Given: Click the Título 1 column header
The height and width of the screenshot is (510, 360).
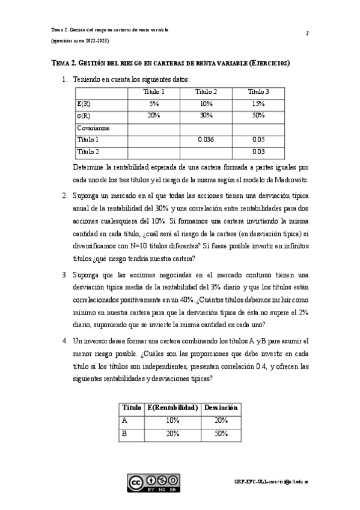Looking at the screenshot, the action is click(x=154, y=92).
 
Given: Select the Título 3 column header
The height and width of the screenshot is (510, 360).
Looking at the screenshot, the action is click(x=258, y=92).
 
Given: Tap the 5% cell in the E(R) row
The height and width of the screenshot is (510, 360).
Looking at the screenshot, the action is click(x=154, y=104).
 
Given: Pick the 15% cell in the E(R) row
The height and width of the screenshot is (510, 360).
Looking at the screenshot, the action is click(x=258, y=104).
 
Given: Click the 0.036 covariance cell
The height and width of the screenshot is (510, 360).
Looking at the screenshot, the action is click(x=206, y=140).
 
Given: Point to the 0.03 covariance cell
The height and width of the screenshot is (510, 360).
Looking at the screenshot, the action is click(x=258, y=152).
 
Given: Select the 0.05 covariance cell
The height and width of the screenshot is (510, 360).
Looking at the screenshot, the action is click(x=258, y=140).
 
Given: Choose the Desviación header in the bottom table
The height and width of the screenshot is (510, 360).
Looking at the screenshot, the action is click(x=221, y=408).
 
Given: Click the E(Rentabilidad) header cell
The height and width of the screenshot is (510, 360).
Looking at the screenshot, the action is click(x=172, y=408).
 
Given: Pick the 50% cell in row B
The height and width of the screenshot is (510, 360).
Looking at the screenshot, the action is click(x=221, y=433).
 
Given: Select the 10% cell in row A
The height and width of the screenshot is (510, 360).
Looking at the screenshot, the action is click(x=172, y=420).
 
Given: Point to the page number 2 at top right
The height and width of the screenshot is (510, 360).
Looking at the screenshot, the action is click(x=307, y=33).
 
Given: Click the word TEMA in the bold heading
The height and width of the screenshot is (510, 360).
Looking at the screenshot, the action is click(x=62, y=63).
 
